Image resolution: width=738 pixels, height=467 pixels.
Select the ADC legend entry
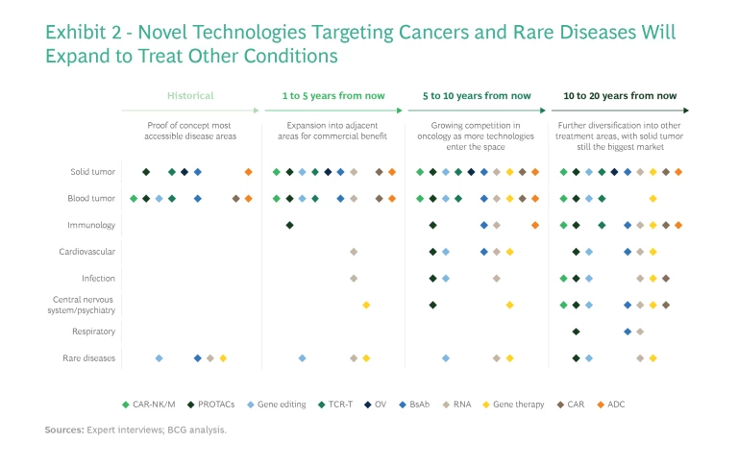pos(612,405)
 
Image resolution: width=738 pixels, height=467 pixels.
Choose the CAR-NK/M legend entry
pos(153,405)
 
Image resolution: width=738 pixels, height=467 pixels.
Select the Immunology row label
pos(91,226)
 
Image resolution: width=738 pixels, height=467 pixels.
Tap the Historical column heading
pos(190,96)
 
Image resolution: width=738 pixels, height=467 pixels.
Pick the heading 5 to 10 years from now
pos(476,96)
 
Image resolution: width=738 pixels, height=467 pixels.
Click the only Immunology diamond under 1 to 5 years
pos(289,226)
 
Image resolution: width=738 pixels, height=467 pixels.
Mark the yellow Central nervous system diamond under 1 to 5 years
pos(366,305)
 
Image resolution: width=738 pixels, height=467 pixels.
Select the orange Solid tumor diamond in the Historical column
pos(248,172)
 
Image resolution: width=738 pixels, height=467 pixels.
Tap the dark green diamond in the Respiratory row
pos(576,332)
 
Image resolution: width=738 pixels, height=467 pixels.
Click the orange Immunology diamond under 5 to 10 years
pos(535,226)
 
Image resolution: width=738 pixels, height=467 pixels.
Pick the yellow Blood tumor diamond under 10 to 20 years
pos(652,199)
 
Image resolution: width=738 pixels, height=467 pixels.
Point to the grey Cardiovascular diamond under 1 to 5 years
pos(354,252)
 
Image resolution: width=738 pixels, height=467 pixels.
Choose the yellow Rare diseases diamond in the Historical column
pos(223,358)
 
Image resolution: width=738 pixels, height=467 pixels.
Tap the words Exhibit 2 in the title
pos(84,33)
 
